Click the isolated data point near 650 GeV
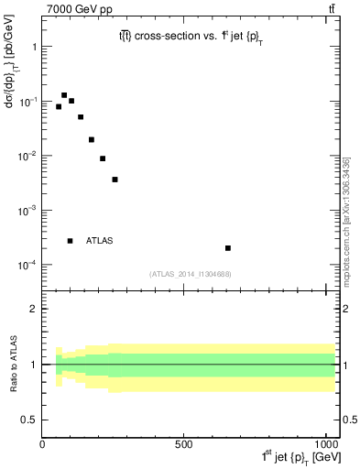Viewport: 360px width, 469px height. [228, 248]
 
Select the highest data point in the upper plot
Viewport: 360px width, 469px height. [64, 95]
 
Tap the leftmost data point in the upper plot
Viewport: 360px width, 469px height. [59, 107]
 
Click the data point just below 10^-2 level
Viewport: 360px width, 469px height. [103, 158]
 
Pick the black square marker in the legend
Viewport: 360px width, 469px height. [70, 241]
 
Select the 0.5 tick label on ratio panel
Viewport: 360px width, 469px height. [28, 420]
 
